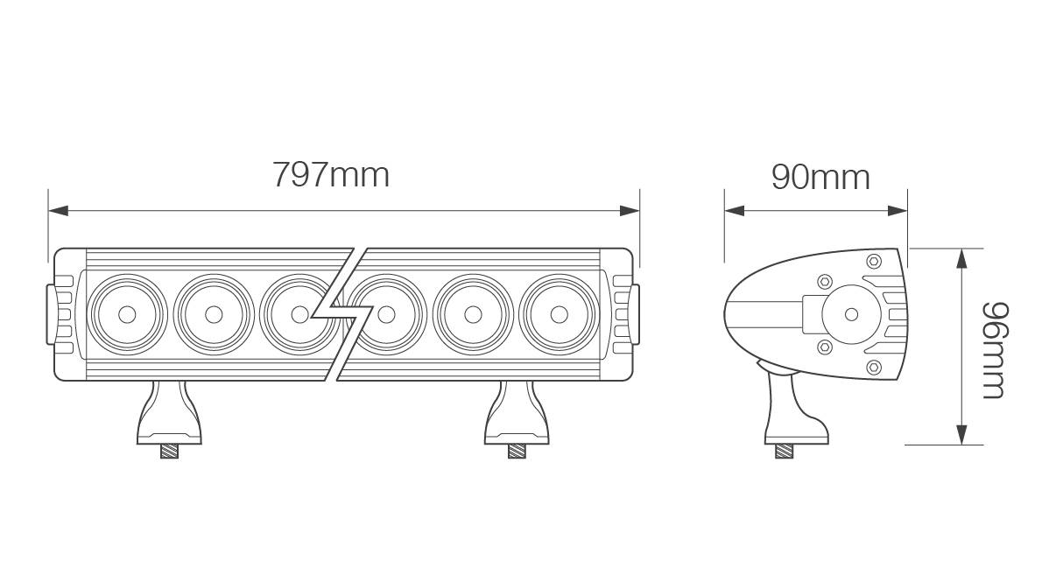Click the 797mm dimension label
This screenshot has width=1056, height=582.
330,174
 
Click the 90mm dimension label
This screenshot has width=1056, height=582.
820,177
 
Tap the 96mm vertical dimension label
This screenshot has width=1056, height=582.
993,349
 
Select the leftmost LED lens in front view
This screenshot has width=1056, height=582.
127,313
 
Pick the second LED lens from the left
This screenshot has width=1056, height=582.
213,313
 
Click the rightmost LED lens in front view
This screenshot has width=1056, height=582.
558,313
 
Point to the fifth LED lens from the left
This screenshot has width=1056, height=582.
473,313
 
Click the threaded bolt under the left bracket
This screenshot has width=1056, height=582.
170,452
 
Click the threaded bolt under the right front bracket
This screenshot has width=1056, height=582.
518,452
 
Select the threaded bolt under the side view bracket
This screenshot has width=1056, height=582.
785,452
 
